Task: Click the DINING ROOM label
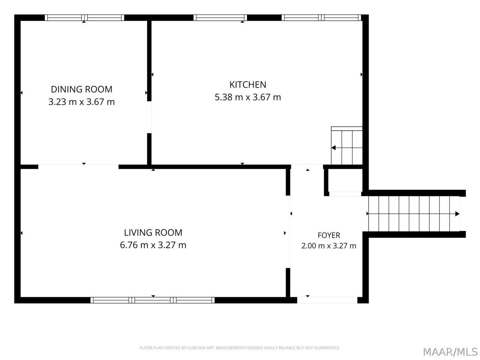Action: coord(81,89)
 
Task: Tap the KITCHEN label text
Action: coord(248,85)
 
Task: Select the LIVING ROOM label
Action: coord(153,232)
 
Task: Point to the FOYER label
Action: coord(329,236)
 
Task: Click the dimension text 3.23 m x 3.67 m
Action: coord(81,102)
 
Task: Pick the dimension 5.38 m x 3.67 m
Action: coord(248,97)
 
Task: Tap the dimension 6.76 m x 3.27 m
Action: coord(153,245)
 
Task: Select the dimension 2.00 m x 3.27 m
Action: coord(329,246)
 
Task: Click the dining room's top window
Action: coord(84,18)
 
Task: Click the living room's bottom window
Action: coord(152,300)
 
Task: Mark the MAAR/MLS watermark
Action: coord(450,352)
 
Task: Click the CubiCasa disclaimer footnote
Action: coord(240,348)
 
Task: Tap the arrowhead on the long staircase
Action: coord(457,214)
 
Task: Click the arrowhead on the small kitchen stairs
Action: coord(334,148)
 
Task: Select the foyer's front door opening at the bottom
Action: coord(327,300)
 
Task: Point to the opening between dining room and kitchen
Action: coord(149,117)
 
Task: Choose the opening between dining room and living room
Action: coord(78,167)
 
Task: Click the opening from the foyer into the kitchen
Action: coord(307,167)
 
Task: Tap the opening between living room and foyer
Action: coord(288,232)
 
